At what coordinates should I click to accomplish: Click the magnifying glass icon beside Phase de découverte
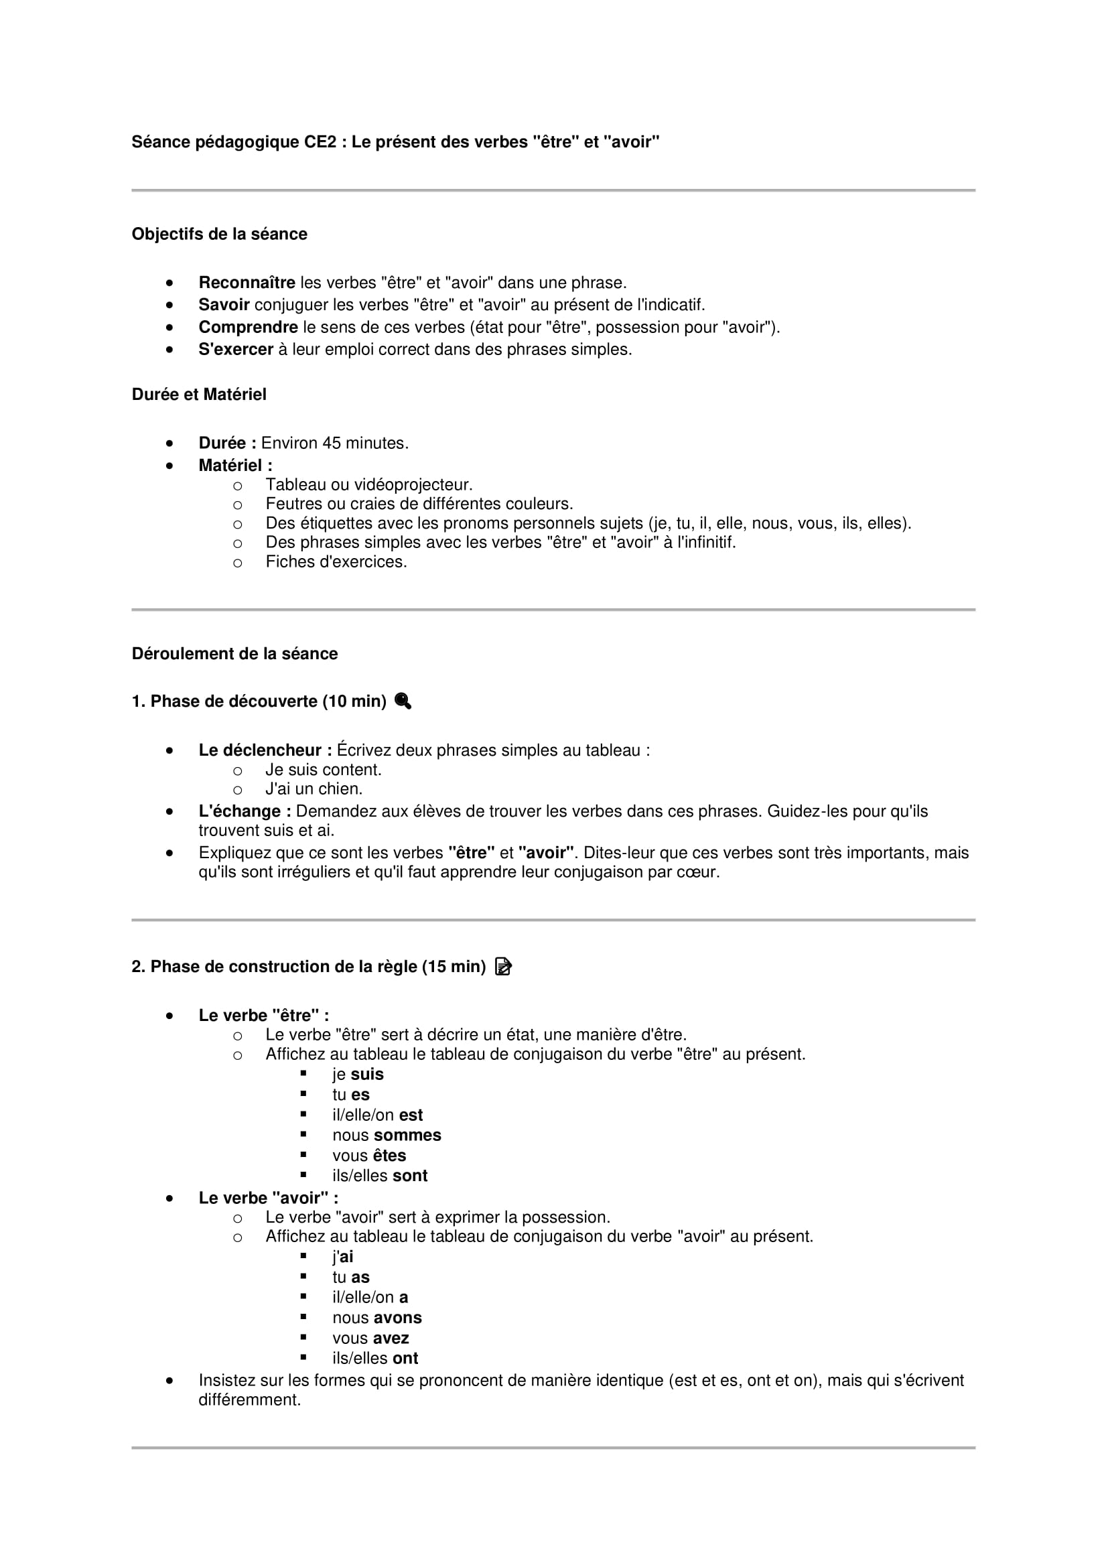pyautogui.click(x=403, y=701)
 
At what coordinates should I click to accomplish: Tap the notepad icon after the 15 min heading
pyautogui.click(x=503, y=967)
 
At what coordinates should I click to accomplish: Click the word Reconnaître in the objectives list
pyautogui.click(x=247, y=283)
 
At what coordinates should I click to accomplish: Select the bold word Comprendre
pyautogui.click(x=248, y=327)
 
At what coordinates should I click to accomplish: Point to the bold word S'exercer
pyautogui.click(x=235, y=350)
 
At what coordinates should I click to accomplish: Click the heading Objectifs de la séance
pyautogui.click(x=219, y=234)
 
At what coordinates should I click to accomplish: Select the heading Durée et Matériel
pyautogui.click(x=198, y=395)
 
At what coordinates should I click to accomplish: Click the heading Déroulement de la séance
pyautogui.click(x=234, y=654)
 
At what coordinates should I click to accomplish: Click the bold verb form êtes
pyautogui.click(x=389, y=1156)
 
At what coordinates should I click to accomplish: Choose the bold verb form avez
pyautogui.click(x=391, y=1339)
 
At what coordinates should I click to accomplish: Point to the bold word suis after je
pyautogui.click(x=367, y=1074)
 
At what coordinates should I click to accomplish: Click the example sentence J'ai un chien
pyautogui.click(x=314, y=789)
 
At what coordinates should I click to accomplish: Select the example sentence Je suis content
pyautogui.click(x=324, y=770)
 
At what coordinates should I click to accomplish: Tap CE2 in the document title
pyautogui.click(x=320, y=142)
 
